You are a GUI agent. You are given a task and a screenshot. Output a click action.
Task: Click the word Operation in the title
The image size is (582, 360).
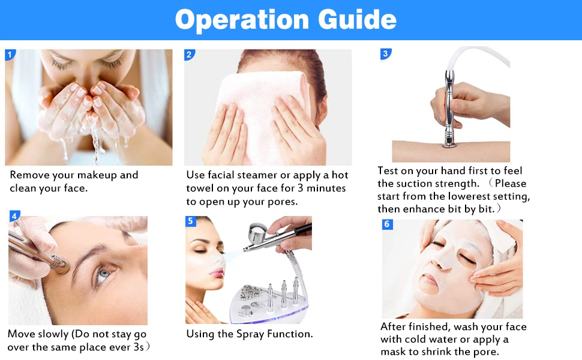242,20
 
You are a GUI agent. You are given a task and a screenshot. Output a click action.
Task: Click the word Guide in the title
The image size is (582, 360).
357,19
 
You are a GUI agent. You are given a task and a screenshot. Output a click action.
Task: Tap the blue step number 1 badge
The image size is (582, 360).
10,55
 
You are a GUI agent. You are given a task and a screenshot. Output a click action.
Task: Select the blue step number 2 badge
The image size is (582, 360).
189,55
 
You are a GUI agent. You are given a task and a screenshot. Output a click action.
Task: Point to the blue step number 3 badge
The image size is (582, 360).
386,54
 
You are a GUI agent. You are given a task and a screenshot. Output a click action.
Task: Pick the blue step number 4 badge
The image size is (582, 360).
14,216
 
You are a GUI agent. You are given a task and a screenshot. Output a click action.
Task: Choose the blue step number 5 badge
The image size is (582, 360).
191,221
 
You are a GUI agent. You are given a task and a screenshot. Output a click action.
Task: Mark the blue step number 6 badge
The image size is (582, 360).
388,224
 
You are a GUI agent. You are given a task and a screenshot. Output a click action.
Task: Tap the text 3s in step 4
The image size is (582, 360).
139,347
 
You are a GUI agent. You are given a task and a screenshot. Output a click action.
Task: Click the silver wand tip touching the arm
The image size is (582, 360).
450,143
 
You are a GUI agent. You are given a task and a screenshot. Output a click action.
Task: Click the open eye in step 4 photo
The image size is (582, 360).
104,275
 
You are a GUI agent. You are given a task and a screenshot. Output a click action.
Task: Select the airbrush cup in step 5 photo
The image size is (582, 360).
257,232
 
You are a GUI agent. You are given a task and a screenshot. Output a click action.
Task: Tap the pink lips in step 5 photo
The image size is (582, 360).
217,274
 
